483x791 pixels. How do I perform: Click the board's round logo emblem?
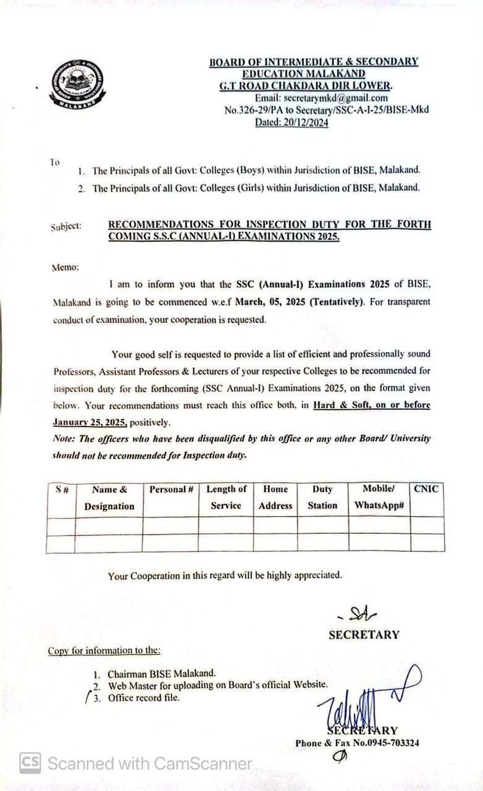[77, 84]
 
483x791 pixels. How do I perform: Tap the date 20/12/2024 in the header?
[303, 122]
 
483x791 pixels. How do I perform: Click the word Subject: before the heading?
[66, 226]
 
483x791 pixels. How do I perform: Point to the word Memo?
[65, 267]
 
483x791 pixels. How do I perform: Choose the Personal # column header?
[171, 489]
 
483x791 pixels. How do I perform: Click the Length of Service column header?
[226, 497]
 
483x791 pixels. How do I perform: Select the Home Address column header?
[275, 497]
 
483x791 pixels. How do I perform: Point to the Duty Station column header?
[322, 497]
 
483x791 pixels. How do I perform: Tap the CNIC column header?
[426, 489]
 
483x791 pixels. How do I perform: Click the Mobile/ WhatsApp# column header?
[379, 497]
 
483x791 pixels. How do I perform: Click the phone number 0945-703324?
[390, 743]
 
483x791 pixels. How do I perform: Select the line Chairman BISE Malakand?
[162, 674]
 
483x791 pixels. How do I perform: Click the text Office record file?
[144, 698]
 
